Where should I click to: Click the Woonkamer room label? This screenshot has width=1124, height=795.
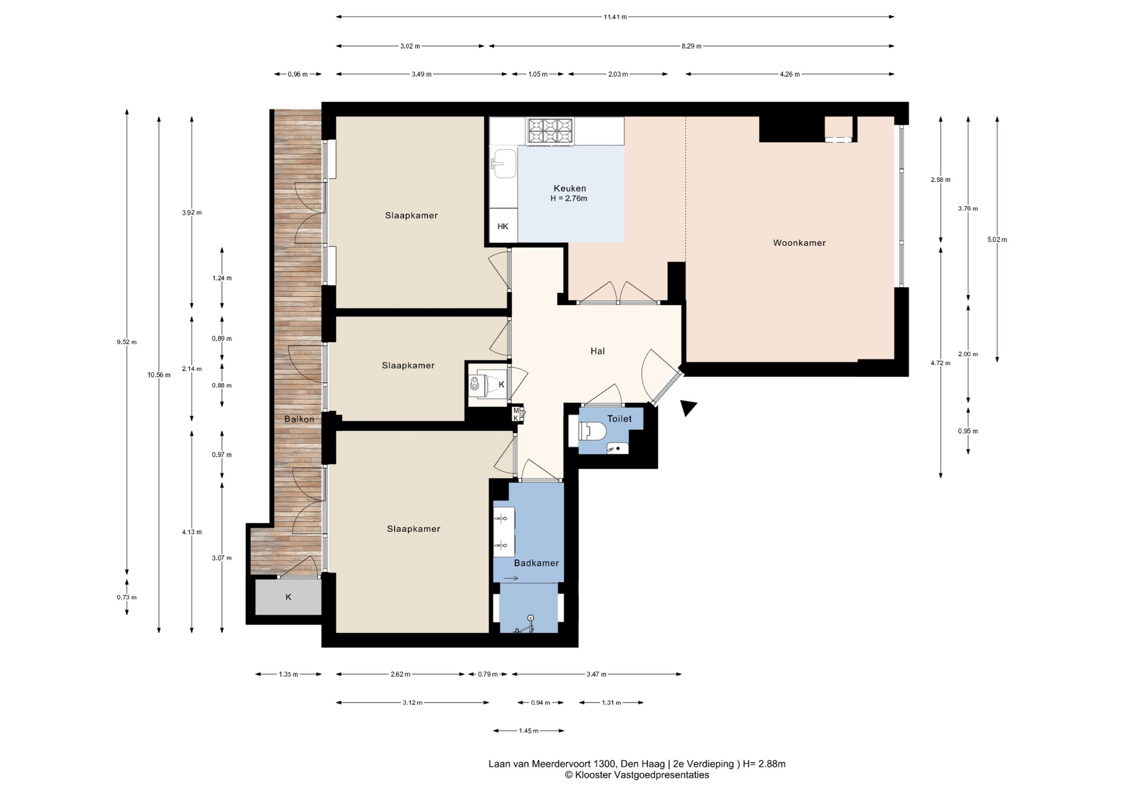click(799, 243)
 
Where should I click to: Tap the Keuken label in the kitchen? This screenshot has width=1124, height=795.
click(570, 189)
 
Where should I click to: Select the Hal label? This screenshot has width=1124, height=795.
click(597, 351)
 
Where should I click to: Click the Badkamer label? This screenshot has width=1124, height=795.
click(536, 563)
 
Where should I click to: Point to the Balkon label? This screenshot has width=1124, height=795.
click(299, 419)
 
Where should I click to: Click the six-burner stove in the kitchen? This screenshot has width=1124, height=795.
click(550, 131)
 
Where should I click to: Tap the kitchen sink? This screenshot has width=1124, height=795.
click(503, 163)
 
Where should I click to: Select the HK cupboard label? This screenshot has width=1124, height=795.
click(503, 227)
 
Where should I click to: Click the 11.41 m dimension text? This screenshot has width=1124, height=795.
click(615, 17)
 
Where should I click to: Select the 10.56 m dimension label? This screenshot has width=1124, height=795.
click(159, 375)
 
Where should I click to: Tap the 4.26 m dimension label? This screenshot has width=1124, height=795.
click(790, 74)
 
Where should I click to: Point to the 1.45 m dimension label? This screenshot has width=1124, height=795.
click(529, 731)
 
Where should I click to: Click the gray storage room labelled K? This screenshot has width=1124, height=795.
click(288, 597)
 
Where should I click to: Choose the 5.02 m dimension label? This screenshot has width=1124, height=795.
click(997, 239)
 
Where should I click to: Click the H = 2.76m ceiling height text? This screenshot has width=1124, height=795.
click(568, 198)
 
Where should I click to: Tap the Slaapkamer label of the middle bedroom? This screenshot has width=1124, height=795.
click(408, 366)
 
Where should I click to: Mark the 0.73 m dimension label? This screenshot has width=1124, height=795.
click(126, 598)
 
